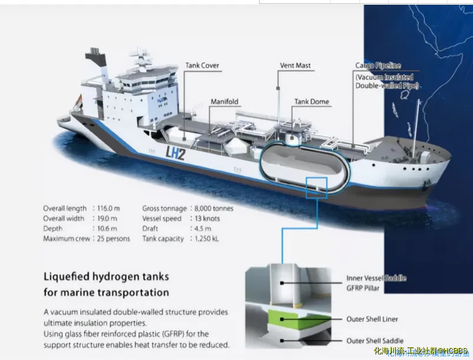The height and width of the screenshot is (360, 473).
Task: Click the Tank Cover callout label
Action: (202, 65)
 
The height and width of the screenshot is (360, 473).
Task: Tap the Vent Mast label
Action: (295, 65)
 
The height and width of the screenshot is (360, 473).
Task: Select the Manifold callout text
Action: (224, 101)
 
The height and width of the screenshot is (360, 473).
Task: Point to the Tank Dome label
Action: (312, 102)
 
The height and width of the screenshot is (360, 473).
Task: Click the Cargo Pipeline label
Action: (378, 66)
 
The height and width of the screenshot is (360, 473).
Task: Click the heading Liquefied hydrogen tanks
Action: (106, 276)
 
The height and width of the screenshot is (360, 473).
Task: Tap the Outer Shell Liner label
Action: (372, 319)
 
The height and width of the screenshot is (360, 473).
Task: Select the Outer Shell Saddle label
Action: (374, 341)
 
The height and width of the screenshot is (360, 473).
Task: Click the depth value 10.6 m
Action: (106, 229)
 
